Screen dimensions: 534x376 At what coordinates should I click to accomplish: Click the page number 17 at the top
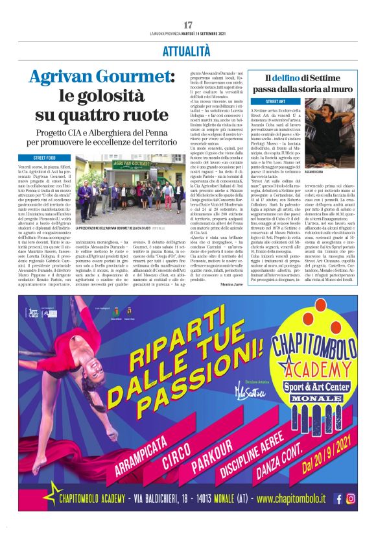(188, 25)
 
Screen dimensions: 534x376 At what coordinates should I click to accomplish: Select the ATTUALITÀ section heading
(187, 50)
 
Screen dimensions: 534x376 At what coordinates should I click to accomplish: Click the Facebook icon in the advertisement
(338, 498)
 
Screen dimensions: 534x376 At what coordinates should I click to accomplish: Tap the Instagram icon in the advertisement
(351, 498)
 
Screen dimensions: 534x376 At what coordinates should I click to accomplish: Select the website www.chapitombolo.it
(290, 498)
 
